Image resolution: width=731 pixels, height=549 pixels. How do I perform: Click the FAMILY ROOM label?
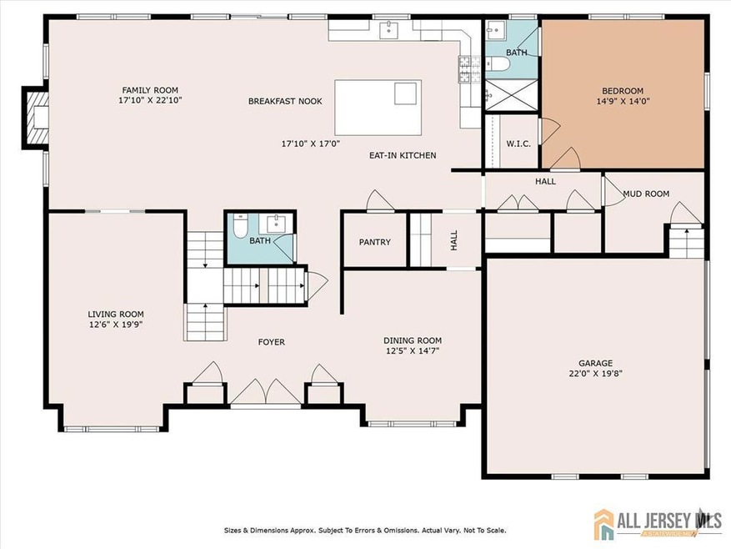pos(150,90)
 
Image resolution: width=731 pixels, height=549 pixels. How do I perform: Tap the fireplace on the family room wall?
pos(37,118)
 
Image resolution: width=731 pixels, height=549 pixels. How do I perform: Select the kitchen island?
pos(378,108)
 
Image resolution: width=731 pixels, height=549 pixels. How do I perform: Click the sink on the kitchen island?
pos(405,93)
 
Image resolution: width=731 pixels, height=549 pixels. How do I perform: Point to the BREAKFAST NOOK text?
pos(285,101)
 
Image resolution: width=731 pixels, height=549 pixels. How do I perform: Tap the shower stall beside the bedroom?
pos(512,95)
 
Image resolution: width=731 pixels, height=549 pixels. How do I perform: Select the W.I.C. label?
pos(518,144)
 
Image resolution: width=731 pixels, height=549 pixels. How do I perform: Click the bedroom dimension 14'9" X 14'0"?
pos(623,101)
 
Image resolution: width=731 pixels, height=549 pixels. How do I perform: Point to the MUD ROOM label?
pos(646,194)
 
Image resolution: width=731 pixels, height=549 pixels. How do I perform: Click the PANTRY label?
pos(375,242)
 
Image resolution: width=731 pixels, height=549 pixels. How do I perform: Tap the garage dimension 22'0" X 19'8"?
pos(596,374)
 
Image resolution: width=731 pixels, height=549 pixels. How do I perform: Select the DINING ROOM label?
pos(413,340)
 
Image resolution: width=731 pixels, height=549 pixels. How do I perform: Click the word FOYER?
pos(272,342)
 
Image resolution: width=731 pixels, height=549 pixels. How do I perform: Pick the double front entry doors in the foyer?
pos(266,392)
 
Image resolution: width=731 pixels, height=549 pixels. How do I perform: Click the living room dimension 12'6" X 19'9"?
pos(116,325)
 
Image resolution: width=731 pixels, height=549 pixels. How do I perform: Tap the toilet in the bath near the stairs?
pos(241,225)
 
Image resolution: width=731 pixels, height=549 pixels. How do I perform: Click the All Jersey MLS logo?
pos(658,522)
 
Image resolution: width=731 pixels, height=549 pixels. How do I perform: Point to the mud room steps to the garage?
pos(687,241)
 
